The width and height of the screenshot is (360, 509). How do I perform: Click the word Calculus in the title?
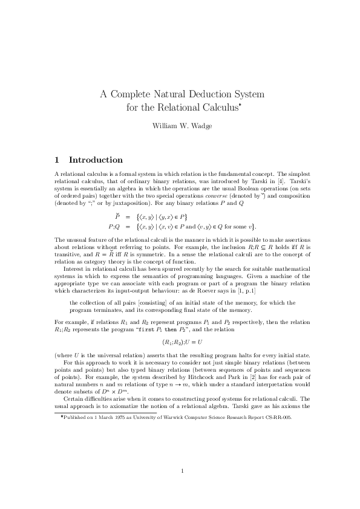pos(216,108)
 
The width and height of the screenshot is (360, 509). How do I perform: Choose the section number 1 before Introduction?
pos(57,160)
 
